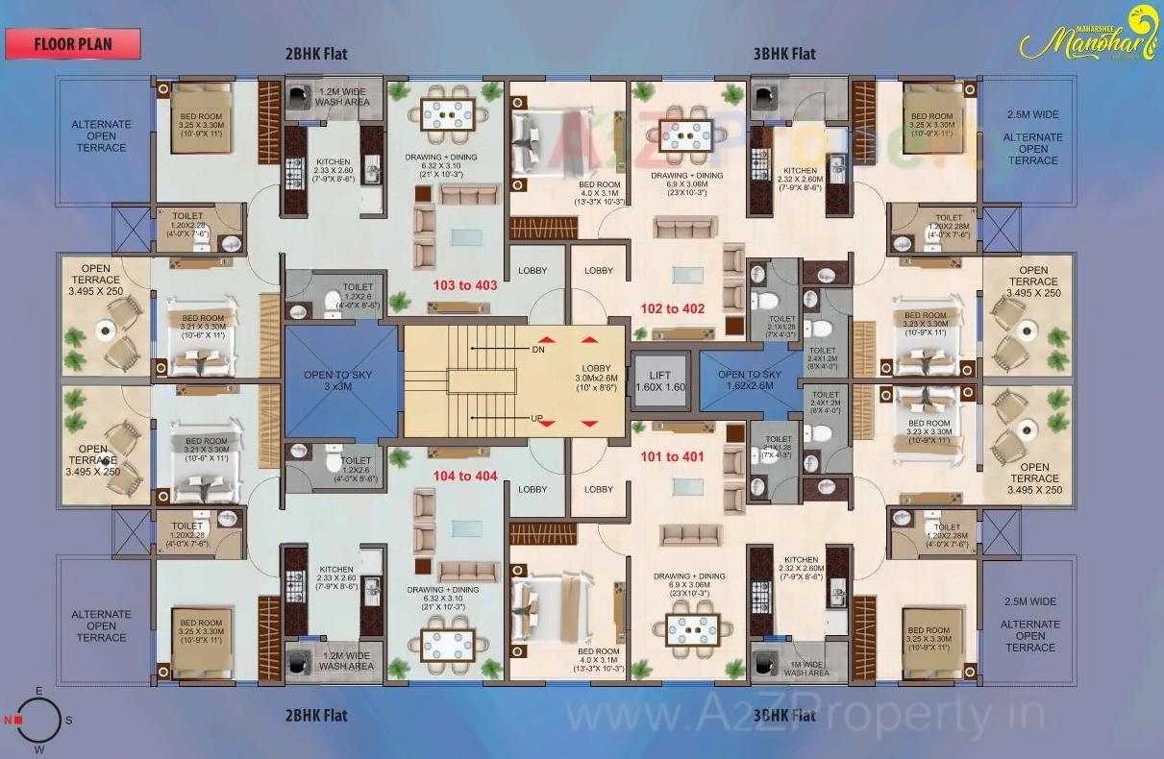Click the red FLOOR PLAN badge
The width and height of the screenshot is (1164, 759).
73,43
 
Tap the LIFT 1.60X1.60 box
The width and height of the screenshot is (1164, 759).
659,380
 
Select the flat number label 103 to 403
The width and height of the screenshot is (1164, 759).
465,285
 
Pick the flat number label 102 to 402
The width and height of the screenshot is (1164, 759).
673,308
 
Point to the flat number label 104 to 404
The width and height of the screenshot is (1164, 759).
465,476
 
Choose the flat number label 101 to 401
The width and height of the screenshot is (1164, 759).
673,456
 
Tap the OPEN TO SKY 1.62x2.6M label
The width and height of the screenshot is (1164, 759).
750,379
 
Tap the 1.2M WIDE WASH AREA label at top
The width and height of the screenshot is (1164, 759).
343,95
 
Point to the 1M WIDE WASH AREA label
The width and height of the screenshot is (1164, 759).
805,667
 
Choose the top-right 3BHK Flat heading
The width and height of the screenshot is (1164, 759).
783,53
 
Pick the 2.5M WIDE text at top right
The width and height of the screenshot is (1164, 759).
1033,114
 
